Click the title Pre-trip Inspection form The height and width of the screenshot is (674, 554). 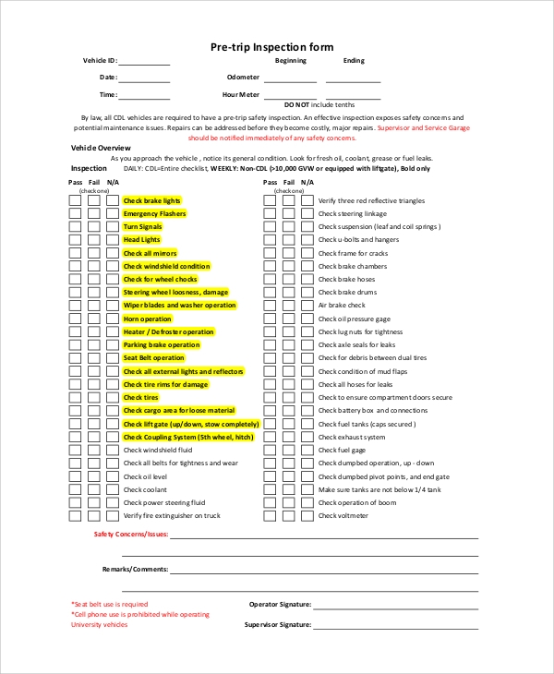coord(271,46)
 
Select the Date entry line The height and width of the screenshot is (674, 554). coord(144,78)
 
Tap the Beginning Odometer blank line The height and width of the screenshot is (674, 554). coord(290,78)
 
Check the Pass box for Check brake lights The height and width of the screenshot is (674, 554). coord(74,200)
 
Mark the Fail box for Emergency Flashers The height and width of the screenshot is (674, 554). coord(93,213)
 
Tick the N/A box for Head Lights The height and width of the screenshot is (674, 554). coord(113,240)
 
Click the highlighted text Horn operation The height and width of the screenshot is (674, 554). coord(148,319)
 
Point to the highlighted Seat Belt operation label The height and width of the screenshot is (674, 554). coord(154,358)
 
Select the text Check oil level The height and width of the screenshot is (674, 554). coord(146,476)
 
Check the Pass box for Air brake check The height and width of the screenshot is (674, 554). coord(269,306)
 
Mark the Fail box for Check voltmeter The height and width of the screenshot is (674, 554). coord(288,516)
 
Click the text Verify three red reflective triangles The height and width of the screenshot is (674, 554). coord(371,200)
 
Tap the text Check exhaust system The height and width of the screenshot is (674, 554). coord(352,437)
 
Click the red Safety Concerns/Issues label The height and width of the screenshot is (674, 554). coord(130,535)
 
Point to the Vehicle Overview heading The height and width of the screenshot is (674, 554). coord(101,148)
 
